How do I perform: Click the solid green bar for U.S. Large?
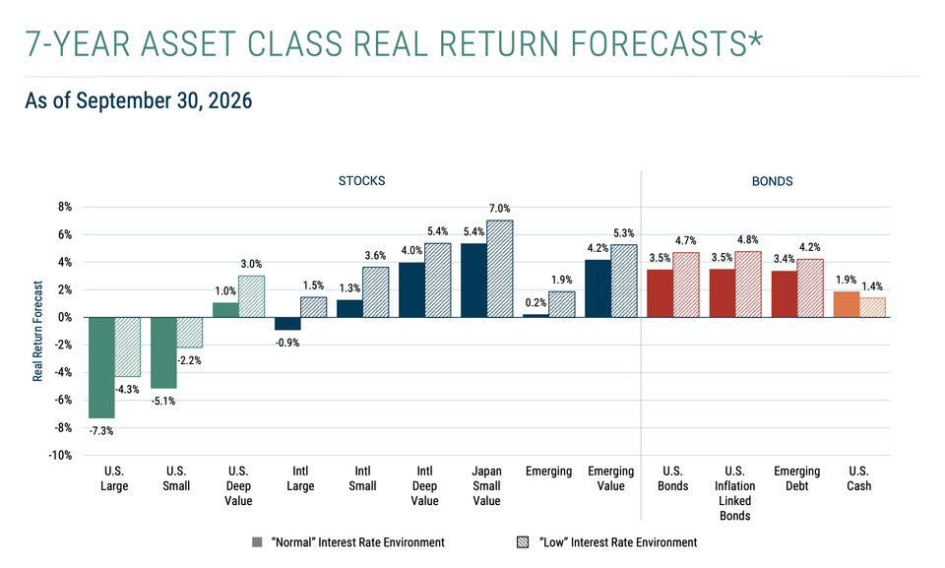click(101, 367)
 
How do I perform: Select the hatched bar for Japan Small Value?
click(500, 269)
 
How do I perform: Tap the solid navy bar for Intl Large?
click(287, 323)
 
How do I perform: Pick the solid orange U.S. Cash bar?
click(847, 304)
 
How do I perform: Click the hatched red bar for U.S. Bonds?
click(686, 284)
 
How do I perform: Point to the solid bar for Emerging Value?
click(598, 288)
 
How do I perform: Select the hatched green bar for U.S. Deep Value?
click(251, 296)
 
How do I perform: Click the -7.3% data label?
click(101, 431)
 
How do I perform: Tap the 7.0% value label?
click(500, 209)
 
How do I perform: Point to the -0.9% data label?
click(287, 344)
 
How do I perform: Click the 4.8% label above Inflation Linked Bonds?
click(748, 240)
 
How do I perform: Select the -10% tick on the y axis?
click(60, 455)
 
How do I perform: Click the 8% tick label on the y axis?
click(65, 207)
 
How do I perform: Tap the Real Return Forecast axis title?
click(38, 331)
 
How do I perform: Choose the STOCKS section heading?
click(361, 181)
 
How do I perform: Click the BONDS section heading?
click(772, 181)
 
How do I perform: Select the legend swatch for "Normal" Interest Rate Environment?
click(257, 542)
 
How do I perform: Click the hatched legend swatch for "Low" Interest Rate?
click(523, 542)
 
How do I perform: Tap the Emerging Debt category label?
click(796, 478)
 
